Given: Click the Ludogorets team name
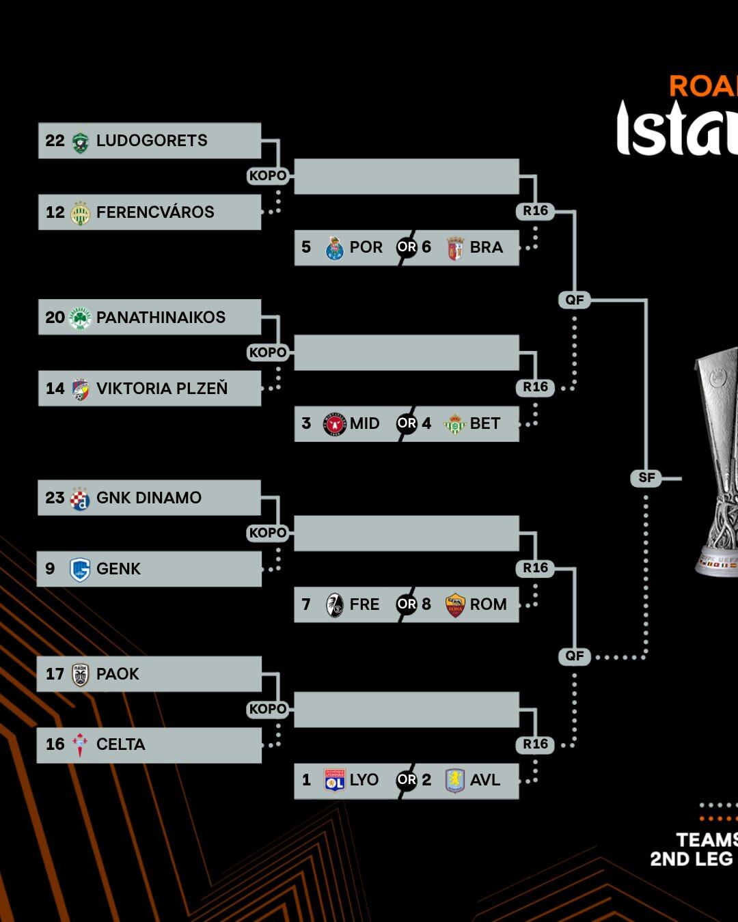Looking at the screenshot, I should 152,141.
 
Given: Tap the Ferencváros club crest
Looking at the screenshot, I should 81,212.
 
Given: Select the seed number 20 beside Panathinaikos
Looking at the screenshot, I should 55,318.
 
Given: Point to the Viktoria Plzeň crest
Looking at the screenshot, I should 81,389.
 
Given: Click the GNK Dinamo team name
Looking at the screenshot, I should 149,498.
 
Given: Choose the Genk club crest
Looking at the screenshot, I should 81,569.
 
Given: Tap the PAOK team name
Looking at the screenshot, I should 118,674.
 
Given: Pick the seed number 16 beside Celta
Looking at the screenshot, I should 55,744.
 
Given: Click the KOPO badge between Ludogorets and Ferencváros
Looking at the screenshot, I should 268,176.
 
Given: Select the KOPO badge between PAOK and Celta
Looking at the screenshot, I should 268,709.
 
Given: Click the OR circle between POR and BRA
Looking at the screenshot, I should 407,247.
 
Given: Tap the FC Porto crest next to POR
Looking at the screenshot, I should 335,248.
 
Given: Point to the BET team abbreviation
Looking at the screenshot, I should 485,423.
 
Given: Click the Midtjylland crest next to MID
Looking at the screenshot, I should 335,424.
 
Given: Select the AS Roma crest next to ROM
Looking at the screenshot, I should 455,604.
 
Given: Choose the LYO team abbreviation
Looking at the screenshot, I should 364,780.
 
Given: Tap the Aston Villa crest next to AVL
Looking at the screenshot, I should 455,780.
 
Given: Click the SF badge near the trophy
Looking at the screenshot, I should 646,478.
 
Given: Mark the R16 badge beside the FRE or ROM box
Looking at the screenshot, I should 536,568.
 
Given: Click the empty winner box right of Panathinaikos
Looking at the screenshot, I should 407,352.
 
